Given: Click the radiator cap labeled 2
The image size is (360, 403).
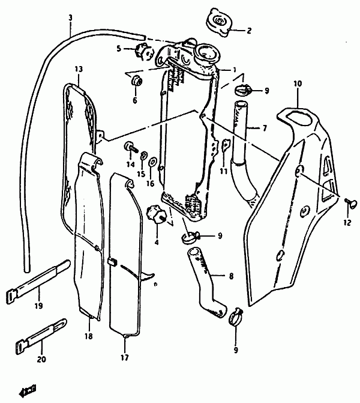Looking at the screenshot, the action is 218,22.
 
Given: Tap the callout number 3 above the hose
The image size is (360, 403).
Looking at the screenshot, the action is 71,18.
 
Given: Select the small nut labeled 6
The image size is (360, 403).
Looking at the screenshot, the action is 137,81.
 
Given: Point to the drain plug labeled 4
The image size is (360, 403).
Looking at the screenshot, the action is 156,214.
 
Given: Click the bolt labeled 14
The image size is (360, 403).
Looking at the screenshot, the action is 130,147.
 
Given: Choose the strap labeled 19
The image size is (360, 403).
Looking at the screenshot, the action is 38,282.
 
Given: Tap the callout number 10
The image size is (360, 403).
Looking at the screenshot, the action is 298,83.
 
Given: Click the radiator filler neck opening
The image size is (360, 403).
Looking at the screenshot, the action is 208,53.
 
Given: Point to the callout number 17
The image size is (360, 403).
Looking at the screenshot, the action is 125,357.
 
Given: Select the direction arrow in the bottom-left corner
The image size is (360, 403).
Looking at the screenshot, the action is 28,392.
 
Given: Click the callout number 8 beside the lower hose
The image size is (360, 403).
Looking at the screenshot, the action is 231,276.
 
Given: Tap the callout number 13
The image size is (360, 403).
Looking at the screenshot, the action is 79,69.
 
